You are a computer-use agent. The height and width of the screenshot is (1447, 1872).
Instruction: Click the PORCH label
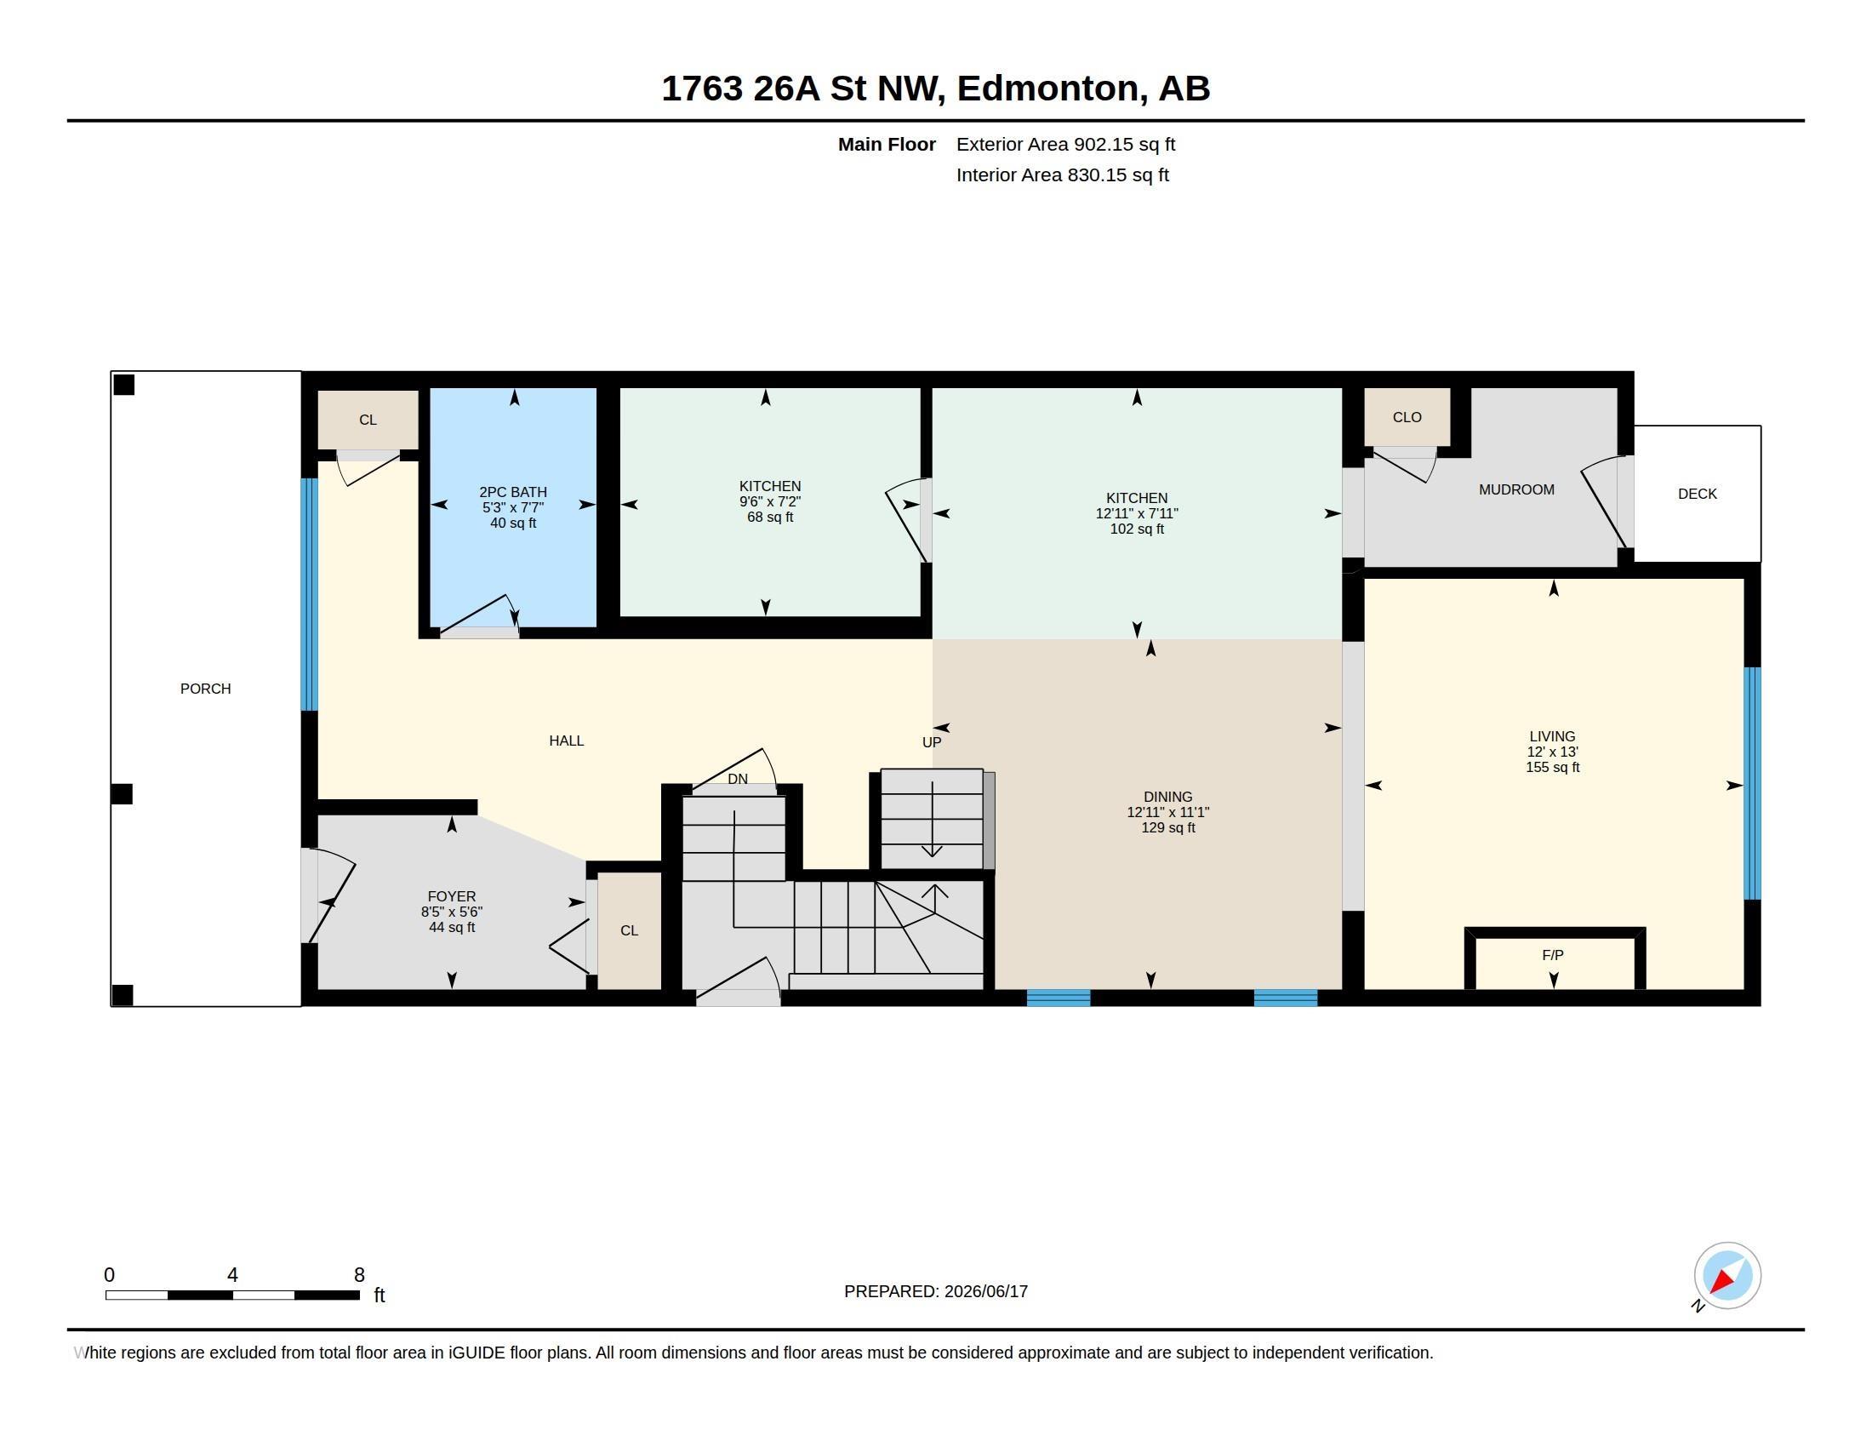tap(206, 689)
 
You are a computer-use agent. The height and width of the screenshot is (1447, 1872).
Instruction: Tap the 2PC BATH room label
tap(512, 492)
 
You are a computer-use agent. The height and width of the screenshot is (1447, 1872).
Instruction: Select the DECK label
tap(1698, 494)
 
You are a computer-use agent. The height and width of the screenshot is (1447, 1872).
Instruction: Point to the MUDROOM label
tap(1516, 489)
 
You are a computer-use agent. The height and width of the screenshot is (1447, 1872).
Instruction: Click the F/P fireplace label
tap(1552, 955)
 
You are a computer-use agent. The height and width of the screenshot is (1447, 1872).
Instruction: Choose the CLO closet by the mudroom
tap(1407, 417)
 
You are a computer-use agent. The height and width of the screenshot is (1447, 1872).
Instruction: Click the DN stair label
tap(737, 779)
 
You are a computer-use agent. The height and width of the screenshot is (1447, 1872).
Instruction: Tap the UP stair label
tap(931, 742)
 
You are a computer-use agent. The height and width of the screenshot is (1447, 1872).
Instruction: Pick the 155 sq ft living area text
tap(1552, 767)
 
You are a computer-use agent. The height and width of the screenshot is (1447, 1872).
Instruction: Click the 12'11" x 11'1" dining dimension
tap(1167, 812)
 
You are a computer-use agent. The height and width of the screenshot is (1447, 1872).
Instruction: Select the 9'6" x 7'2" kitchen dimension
tap(770, 501)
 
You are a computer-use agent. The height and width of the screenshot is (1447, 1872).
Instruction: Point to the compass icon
tap(1727, 1275)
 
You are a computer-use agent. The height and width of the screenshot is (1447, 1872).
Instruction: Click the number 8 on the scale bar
tap(359, 1275)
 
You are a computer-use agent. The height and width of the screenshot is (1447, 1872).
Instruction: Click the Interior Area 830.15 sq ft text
tap(1062, 174)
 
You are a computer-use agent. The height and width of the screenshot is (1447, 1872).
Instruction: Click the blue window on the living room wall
tap(1752, 783)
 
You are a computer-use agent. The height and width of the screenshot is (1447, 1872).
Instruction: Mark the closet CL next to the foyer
tap(629, 931)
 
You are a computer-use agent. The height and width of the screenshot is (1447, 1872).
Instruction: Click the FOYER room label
tap(452, 896)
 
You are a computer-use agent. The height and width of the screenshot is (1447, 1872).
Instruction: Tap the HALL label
tap(567, 741)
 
